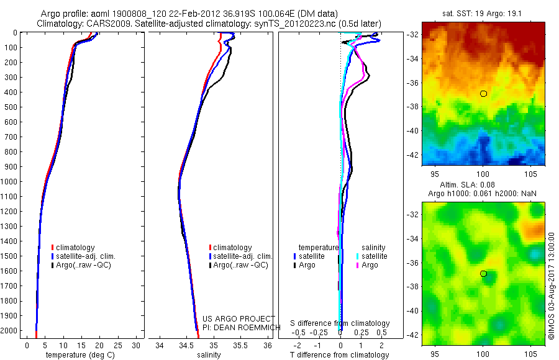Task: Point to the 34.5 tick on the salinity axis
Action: [186, 345]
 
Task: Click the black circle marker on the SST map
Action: [483, 93]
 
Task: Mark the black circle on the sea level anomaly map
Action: [483, 274]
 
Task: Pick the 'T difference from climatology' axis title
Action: [340, 355]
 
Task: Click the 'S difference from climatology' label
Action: [340, 323]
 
